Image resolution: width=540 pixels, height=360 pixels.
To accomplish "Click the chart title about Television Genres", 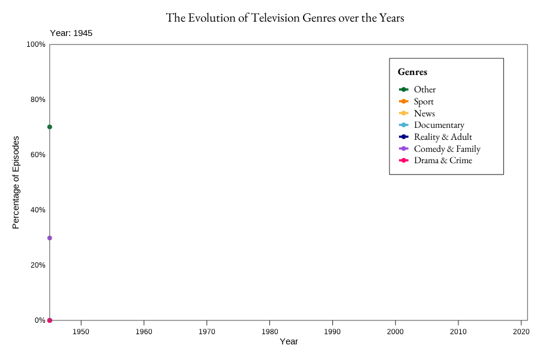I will pos(285,18).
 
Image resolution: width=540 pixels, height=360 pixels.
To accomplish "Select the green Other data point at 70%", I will pos(50,127).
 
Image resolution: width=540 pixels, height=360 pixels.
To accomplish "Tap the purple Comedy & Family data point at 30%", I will pos(50,238).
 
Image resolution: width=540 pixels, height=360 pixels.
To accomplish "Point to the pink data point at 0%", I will pos(50,320).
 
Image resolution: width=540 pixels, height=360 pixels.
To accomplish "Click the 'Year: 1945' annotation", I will pos(71,34).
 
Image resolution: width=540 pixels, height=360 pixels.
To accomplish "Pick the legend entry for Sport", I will pos(424,101).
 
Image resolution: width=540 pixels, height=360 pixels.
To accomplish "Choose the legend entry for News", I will pos(424,113).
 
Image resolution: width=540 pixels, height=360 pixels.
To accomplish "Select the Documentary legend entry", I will pos(439,125).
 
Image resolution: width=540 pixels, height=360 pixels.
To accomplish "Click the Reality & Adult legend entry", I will pos(443,137).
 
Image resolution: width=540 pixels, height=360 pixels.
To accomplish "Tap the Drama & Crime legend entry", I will pos(443,160).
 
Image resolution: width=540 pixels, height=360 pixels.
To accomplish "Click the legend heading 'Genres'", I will pos(412,72).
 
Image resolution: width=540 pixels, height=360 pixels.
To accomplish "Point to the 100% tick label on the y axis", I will pos(36,44).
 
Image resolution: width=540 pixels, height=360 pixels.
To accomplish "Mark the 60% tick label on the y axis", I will pos(38,155).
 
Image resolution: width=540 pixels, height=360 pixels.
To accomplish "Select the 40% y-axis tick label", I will pos(38,210).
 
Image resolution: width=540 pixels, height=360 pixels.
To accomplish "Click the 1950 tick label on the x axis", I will pos(81,331).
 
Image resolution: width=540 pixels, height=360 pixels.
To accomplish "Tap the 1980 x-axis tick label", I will pos(269,331).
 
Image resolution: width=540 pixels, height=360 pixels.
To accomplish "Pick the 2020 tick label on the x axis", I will pos(521,331).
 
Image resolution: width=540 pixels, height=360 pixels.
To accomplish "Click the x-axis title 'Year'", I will pos(289,342).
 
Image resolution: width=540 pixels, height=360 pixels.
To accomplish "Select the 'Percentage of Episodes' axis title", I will pos(16,182).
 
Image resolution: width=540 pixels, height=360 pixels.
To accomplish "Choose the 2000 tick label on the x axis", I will pos(395,331).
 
